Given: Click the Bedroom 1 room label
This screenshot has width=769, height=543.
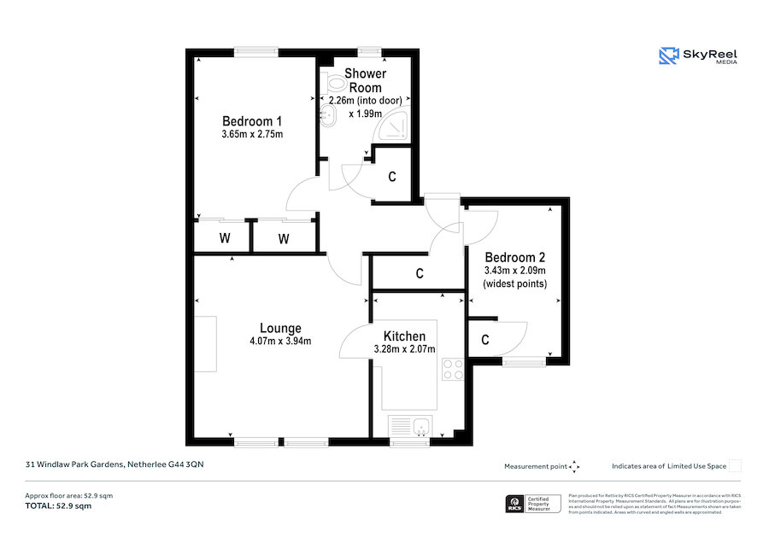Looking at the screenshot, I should point(252,120).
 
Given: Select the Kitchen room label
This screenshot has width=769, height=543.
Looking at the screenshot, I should point(404,336).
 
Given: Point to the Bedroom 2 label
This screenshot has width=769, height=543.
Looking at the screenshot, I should point(514,257).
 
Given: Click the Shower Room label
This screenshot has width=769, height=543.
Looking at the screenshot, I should point(365,80).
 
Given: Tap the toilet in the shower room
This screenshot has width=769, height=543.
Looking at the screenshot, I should point(332,85).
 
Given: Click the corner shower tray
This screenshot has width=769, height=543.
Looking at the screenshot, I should point(395,126).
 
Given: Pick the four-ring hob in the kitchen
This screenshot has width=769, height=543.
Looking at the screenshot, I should point(452,369).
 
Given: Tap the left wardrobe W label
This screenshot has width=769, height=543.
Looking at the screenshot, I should point(224,238).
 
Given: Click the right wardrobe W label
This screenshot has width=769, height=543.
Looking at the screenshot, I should point(283,238).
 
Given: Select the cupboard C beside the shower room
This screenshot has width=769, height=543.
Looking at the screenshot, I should point(392,178).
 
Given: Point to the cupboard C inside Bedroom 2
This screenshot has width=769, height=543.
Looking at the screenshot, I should point(484,340).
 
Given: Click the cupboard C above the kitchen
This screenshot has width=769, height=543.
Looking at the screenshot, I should point(420,274).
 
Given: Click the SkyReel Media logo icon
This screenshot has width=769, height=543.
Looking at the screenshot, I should point(667,56).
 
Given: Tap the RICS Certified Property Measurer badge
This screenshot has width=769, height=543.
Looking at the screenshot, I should point(533,504).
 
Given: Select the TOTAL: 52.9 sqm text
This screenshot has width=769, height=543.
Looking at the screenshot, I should point(57,506).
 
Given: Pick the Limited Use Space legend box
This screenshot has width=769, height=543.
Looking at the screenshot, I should point(734,465).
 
